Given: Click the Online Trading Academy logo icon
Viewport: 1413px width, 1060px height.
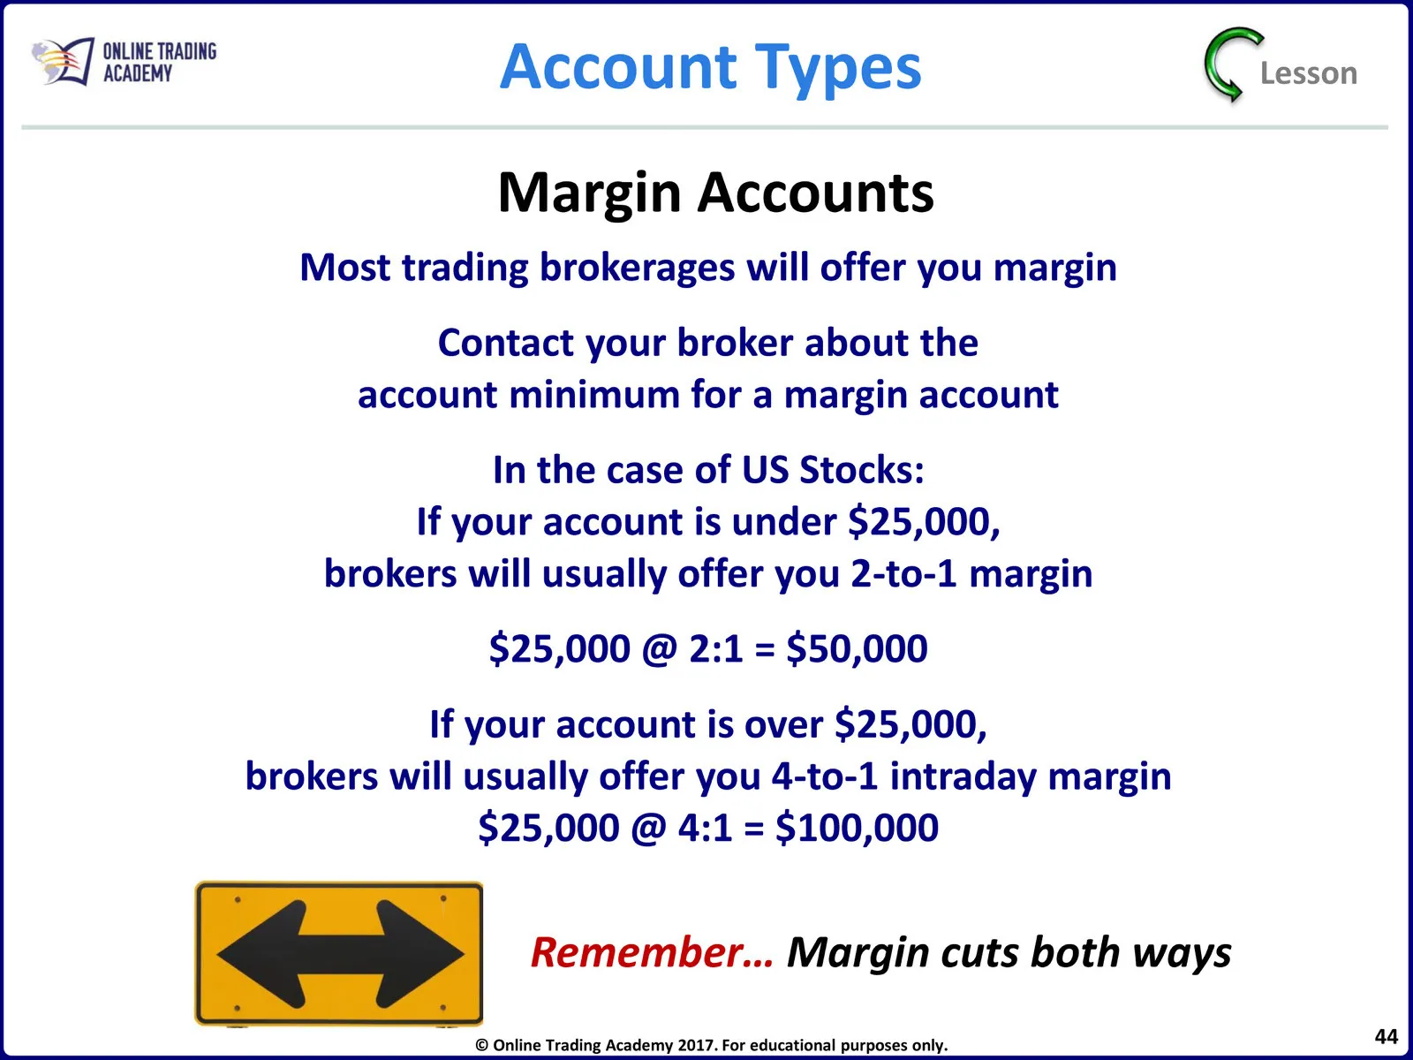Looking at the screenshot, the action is coord(63,61).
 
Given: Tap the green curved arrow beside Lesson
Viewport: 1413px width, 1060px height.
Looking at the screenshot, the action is coord(1230,64).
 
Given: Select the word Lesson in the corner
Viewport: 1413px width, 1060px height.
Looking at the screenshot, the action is coord(1309,72).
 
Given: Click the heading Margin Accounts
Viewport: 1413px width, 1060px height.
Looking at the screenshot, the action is coord(715,193).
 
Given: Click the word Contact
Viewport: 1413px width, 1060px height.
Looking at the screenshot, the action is coord(505,343).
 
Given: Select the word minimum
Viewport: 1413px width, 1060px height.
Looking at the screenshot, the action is coord(594,394).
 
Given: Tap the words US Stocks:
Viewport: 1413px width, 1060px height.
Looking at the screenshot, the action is coord(833,470).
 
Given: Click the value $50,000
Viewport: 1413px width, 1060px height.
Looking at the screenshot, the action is coord(857,648).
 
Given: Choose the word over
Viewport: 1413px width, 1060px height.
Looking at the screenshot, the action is coord(783,725).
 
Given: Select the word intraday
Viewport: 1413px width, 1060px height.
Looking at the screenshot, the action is coord(963,777).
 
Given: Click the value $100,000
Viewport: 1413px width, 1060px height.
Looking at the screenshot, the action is coord(857,828).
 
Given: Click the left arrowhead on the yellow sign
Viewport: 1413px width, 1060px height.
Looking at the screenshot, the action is coord(261,953).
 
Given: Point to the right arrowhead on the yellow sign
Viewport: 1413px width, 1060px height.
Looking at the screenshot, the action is coord(419,953).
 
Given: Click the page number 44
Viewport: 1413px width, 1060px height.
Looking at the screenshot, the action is coord(1386,1036).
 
